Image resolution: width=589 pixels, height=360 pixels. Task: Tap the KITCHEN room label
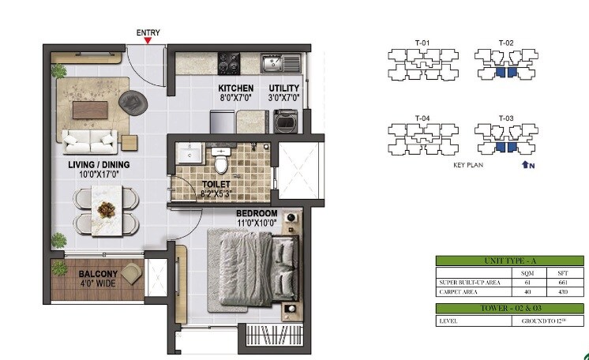236,88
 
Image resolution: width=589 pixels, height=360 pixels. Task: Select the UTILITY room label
283,88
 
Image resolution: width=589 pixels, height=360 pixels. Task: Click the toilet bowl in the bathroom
222,161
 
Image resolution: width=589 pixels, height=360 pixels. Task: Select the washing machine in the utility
285,121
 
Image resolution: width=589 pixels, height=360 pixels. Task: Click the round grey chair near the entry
131,100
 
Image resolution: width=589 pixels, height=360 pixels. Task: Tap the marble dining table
105,209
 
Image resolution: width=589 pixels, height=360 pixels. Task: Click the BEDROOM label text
257,213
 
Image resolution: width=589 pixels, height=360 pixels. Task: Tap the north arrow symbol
527,166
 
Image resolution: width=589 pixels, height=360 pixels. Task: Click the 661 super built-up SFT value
562,281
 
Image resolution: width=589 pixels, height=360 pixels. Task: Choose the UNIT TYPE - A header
509,261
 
